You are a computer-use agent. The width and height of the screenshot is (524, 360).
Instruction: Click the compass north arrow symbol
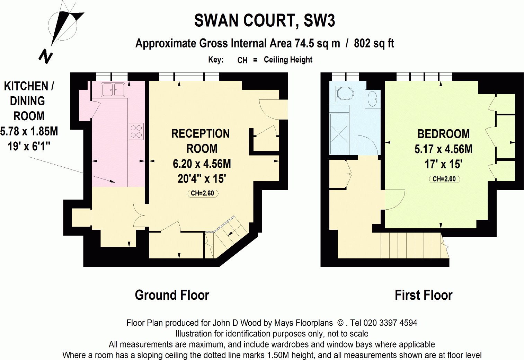click(x=62, y=29)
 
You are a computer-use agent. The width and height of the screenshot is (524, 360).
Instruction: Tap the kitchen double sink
click(x=113, y=89)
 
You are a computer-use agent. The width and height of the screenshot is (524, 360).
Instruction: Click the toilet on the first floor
click(x=344, y=93)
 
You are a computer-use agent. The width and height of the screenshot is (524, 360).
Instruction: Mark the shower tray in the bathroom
click(x=339, y=134)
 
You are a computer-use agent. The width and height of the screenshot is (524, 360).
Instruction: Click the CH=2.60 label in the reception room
click(x=203, y=193)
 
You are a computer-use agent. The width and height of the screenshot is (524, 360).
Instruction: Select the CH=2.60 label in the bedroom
click(x=444, y=179)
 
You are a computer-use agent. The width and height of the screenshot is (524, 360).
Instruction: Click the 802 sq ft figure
click(x=374, y=44)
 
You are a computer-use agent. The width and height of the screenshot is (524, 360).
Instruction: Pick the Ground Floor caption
click(x=172, y=295)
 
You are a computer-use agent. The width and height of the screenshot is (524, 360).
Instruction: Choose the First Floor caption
click(x=424, y=295)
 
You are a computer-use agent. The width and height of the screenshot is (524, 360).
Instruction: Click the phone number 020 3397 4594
click(x=390, y=323)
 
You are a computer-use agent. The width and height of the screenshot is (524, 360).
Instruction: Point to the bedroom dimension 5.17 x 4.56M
click(x=443, y=149)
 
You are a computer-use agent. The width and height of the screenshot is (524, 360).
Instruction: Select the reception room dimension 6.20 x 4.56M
click(x=202, y=164)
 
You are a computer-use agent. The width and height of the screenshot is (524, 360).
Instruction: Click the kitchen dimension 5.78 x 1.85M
click(x=29, y=131)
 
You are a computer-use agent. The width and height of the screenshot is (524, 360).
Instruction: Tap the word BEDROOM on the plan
click(x=443, y=134)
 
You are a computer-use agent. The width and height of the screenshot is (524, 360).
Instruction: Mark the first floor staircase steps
click(x=410, y=245)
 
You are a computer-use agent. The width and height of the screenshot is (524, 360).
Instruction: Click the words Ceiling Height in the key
click(x=288, y=60)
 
